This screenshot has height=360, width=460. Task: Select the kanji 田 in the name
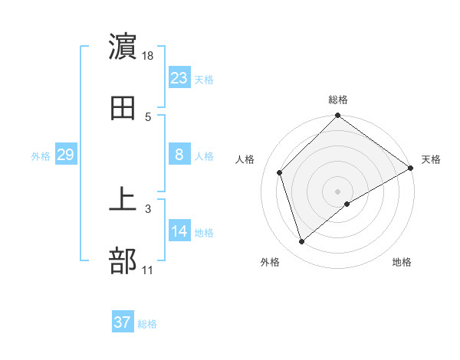point(123,109)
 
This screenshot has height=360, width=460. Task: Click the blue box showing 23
point(179,77)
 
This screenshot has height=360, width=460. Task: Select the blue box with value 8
point(179,155)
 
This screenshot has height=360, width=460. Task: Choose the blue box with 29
point(66,155)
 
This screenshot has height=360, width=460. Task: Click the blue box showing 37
point(123,322)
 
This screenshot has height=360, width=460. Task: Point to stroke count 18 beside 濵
point(149,55)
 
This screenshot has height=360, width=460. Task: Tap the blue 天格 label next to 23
point(204,79)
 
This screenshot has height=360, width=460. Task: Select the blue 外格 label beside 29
point(41,155)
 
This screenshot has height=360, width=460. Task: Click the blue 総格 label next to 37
point(147,324)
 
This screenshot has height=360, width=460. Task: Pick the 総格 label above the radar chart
point(338,100)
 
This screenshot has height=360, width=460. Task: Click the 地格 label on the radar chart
point(402,263)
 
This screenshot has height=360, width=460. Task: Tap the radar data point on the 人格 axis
point(280,172)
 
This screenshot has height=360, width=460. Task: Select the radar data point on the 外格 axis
point(301,242)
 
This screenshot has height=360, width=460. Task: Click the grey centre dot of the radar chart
point(338,191)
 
